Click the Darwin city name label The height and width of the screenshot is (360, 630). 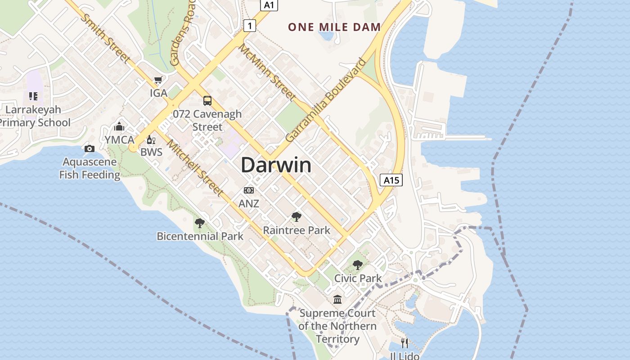point(276,165)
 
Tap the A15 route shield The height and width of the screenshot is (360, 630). point(391,180)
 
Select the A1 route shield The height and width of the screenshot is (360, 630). point(269,5)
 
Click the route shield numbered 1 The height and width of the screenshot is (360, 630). point(249,26)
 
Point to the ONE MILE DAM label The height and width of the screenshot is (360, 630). point(334,27)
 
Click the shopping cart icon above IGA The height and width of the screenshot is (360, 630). point(158,80)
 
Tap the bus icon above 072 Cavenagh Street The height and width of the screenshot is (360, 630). point(207,100)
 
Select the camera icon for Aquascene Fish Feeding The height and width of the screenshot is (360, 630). point(90,148)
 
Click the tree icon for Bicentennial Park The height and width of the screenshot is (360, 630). point(199,223)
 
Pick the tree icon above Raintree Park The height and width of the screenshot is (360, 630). point(296,217)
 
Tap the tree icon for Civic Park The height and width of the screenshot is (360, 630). point(357,265)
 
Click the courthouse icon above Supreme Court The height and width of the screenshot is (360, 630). point(337,299)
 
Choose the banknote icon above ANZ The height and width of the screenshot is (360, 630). point(249,190)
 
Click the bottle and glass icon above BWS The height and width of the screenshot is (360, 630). point(151,140)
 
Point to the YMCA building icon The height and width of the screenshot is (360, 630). point(119,126)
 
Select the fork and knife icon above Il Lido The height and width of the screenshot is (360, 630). point(405,343)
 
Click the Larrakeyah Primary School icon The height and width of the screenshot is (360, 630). point(33,96)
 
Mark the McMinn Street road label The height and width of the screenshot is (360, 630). point(267,72)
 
